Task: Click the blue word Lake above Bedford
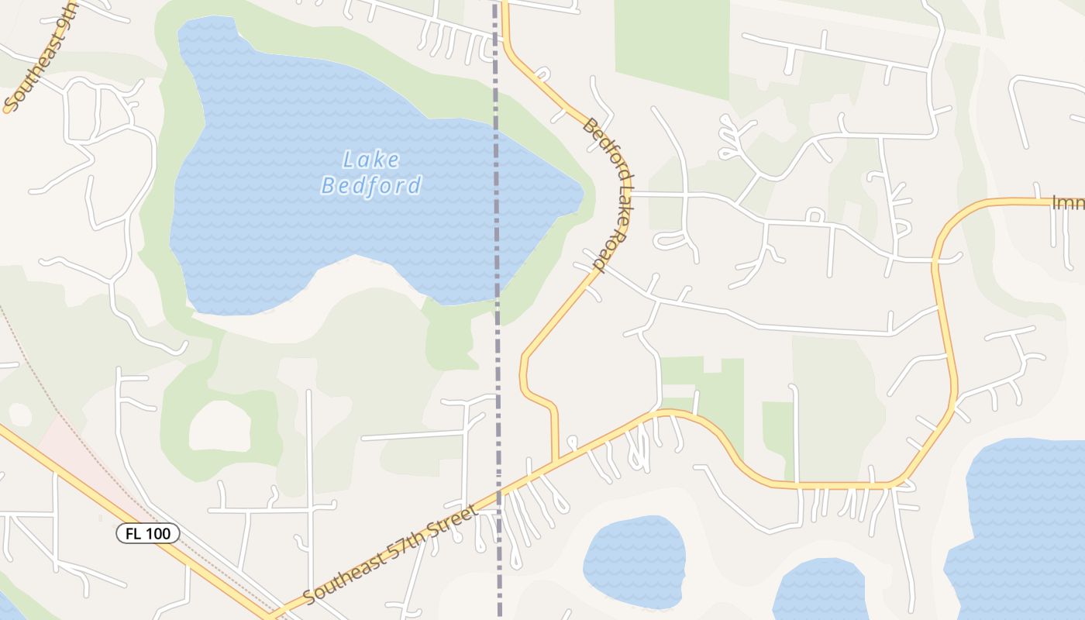[x=371, y=160]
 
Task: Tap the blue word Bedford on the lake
[x=371, y=186]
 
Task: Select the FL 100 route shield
[x=148, y=533]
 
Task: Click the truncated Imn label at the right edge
[x=1067, y=203]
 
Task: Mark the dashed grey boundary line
[x=497, y=349]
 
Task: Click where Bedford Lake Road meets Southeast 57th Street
[x=556, y=462]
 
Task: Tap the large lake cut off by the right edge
[x=1023, y=527]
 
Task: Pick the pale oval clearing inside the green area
[x=220, y=425]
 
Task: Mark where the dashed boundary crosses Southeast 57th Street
[x=498, y=491]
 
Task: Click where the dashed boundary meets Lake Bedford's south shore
[x=497, y=297]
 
